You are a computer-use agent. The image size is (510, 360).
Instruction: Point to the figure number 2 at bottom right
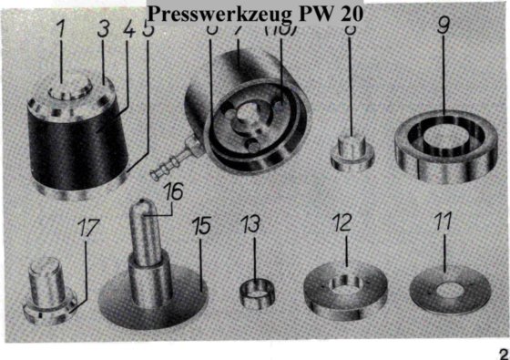[x=500, y=352]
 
